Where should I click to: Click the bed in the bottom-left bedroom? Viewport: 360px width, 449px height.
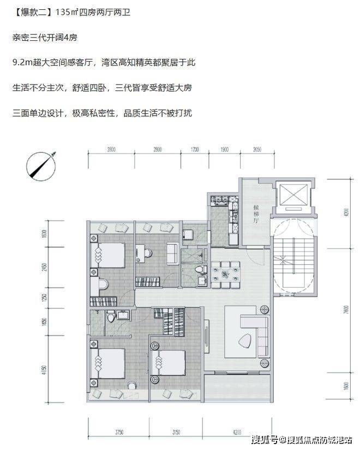coord(110,361)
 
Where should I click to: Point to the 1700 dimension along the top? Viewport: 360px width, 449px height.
coord(195,149)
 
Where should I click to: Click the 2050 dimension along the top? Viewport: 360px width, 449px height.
coord(258,149)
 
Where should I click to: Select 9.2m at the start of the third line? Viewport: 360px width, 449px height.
coord(22,63)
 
